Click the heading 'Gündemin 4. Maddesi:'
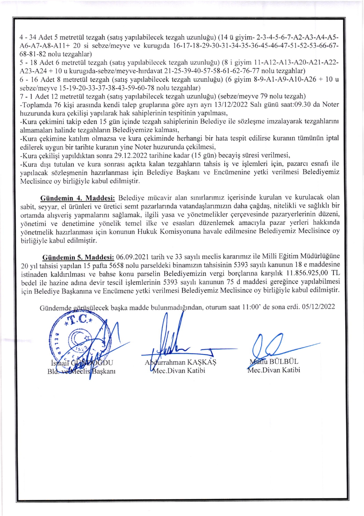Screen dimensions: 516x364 78,198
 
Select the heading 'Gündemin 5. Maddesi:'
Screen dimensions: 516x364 78,257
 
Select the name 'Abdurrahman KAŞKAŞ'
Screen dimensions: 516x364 180,362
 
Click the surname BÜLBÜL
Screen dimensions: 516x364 284,361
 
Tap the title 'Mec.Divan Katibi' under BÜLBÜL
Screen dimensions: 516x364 274,370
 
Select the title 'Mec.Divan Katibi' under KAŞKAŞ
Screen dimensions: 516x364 179,371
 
